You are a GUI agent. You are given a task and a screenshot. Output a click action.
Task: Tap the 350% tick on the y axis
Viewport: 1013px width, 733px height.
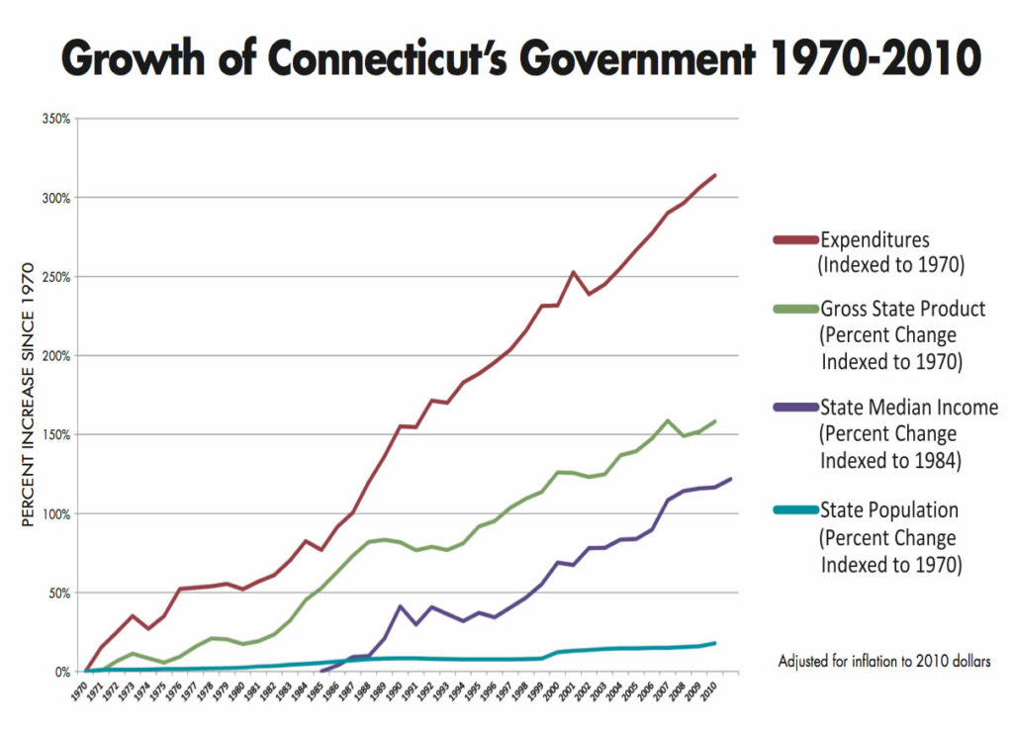tap(55, 119)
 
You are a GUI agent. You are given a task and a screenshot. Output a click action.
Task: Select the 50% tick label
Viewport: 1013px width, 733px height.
tap(58, 593)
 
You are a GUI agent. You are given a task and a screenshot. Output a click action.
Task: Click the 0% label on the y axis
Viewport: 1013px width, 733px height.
tap(60, 672)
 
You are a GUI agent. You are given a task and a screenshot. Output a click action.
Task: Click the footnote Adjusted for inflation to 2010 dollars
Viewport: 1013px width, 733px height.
tap(884, 660)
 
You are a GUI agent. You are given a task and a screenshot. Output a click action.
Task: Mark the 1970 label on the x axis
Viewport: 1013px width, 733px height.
tap(80, 689)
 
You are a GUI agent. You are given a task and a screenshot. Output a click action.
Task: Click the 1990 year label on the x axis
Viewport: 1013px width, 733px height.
tap(394, 689)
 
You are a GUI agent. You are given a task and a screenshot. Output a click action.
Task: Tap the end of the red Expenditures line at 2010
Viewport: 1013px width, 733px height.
tap(714, 175)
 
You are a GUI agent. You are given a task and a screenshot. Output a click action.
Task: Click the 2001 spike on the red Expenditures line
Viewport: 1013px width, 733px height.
tap(574, 271)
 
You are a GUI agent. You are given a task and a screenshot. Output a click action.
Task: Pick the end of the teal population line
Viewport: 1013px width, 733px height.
tap(714, 643)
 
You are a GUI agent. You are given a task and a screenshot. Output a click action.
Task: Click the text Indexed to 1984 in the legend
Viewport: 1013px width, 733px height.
tap(890, 459)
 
